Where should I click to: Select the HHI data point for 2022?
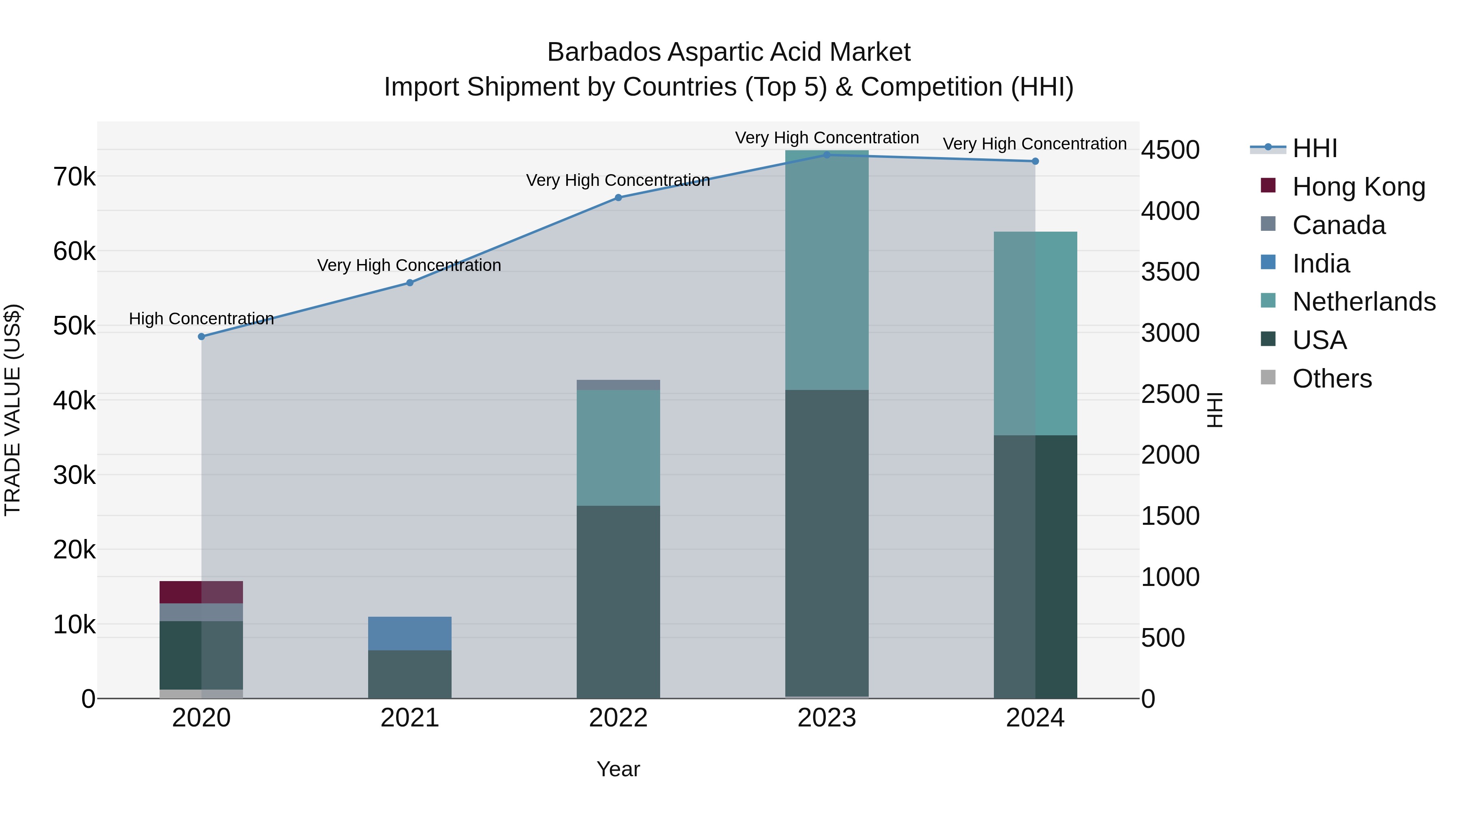coord(618,198)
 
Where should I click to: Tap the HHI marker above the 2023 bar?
coord(826,155)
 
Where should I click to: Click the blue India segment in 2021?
coord(410,633)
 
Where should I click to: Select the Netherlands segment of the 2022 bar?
coord(618,447)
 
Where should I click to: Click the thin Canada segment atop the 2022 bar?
coord(618,385)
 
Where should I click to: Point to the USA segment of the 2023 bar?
coord(826,543)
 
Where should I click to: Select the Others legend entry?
coord(1332,379)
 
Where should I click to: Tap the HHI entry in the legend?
coord(1314,148)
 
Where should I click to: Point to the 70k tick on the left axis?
coord(74,177)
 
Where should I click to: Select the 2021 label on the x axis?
coord(410,718)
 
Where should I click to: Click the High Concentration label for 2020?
coord(202,319)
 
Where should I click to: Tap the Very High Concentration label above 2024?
coord(1035,144)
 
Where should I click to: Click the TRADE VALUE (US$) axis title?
coord(13,410)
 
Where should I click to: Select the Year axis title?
coord(618,769)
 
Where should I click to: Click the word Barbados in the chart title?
coord(603,52)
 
